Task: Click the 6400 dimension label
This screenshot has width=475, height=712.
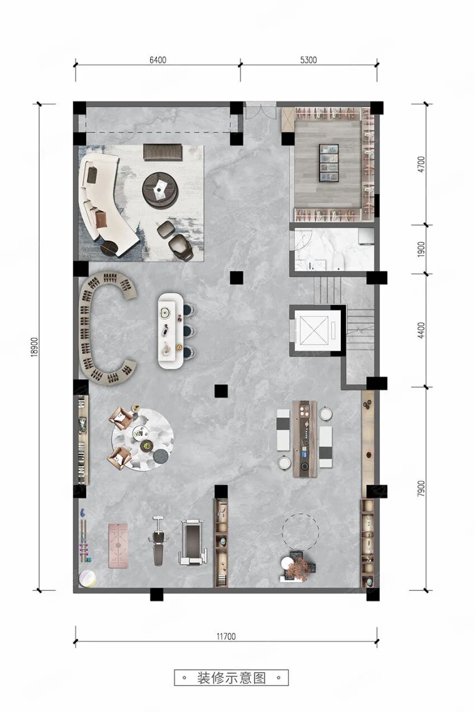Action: [x=158, y=60]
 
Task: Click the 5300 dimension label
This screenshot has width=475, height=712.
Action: [x=308, y=60]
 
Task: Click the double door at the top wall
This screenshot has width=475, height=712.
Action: [x=261, y=111]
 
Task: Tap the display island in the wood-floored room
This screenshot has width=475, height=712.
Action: [x=329, y=163]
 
